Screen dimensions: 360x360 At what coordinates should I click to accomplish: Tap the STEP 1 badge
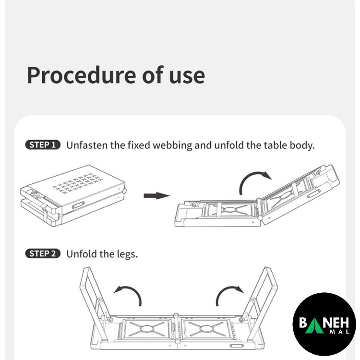(43, 145)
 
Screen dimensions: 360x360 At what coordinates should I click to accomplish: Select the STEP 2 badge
(43, 254)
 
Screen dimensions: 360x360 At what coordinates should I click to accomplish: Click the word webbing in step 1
(172, 145)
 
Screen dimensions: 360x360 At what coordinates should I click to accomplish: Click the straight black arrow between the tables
(156, 196)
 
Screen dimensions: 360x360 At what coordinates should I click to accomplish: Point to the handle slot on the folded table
(78, 205)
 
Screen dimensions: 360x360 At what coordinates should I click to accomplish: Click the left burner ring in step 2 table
(147, 328)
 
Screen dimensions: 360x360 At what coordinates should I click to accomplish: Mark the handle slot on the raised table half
(314, 193)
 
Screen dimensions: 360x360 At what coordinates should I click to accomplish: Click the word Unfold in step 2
(81, 254)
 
